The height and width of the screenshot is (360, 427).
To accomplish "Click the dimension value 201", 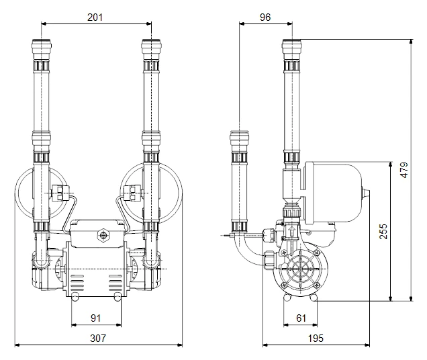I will [95, 17].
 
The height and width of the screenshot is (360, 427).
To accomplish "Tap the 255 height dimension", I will [381, 230].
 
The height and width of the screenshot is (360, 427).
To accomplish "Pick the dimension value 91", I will [95, 317].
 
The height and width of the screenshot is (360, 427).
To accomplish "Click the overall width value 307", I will [98, 339].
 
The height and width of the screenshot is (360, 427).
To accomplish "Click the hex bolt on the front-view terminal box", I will [103, 236].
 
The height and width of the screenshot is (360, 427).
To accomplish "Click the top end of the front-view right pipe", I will [150, 44].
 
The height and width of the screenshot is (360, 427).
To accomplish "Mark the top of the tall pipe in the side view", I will [293, 44].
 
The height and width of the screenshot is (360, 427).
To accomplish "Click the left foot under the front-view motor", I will [75, 296].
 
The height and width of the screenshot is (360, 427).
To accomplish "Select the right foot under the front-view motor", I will [119, 296].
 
